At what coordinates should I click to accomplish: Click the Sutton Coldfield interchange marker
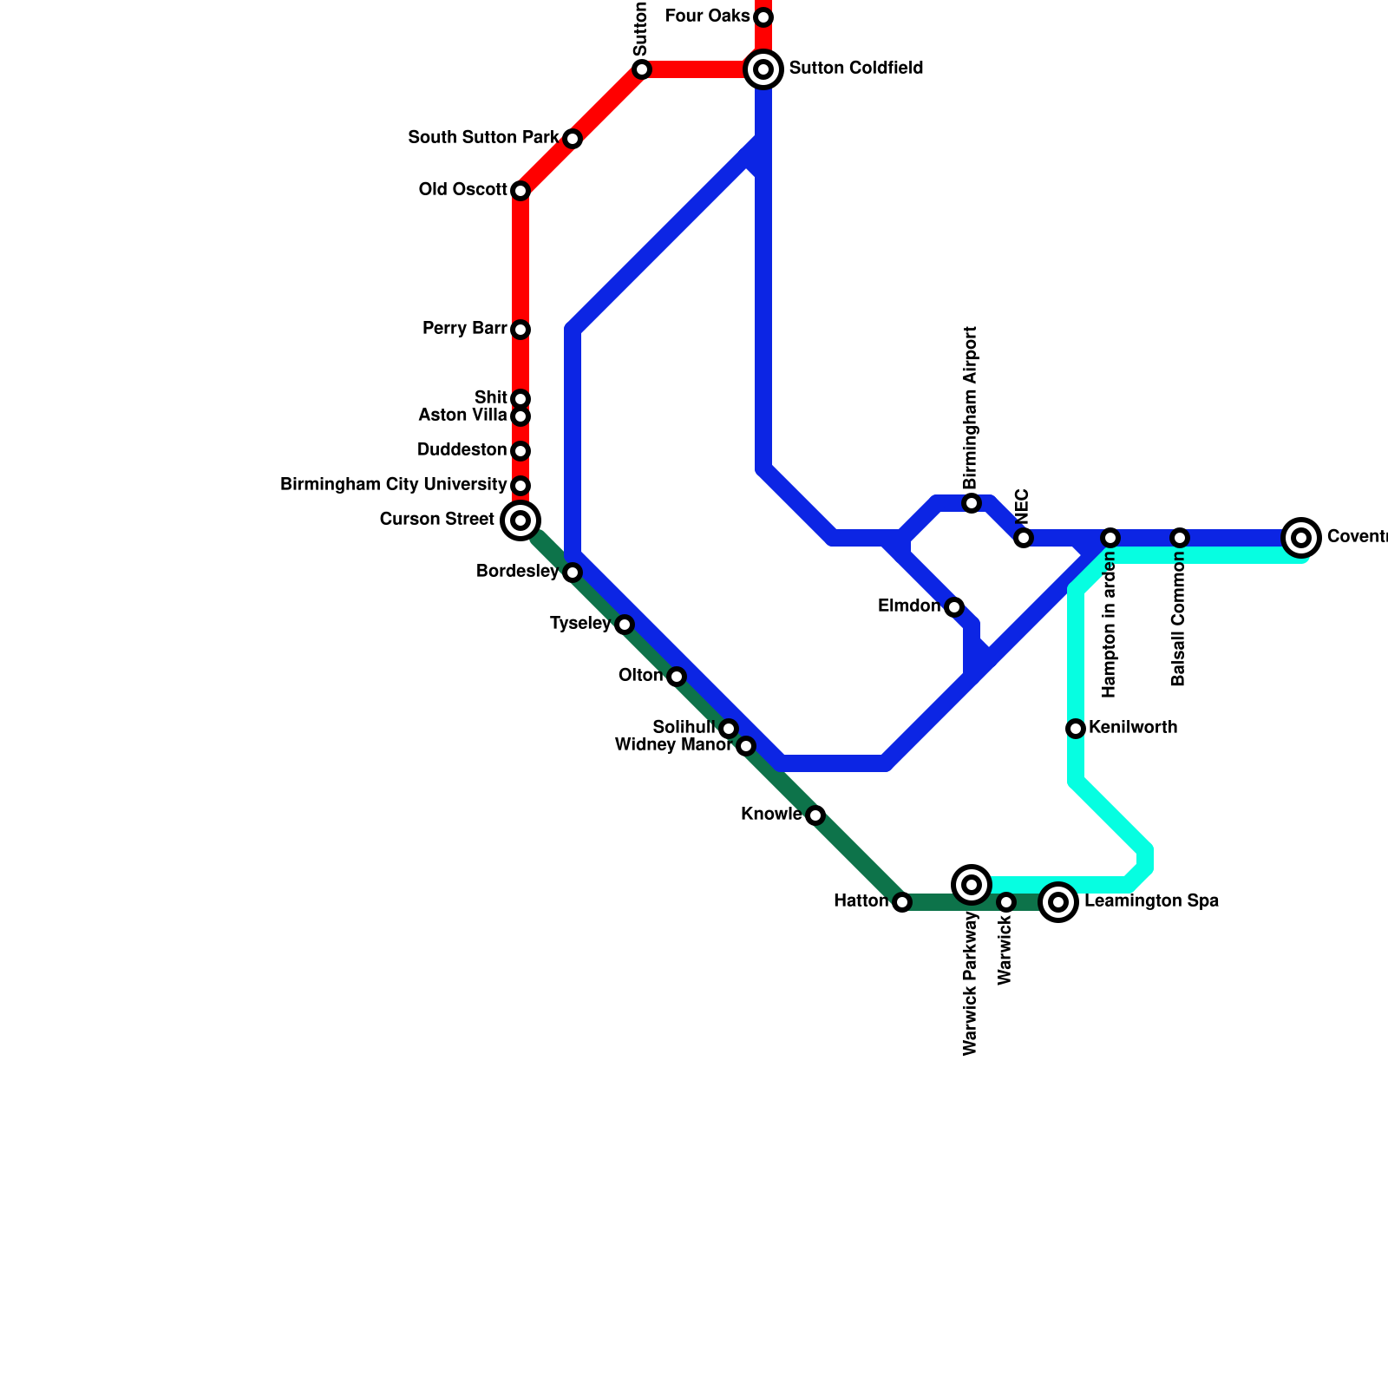pos(763,69)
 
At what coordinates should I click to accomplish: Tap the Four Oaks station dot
pos(763,17)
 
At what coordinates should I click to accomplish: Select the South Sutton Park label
pos(483,138)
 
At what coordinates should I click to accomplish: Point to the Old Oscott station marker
pos(520,191)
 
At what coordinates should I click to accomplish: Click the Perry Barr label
pos(464,329)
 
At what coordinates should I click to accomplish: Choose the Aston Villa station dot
pos(520,416)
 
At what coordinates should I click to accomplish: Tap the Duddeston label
pos(462,450)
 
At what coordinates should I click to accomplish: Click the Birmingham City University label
pos(393,485)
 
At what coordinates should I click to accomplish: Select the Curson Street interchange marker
pos(520,520)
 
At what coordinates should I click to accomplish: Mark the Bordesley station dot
pos(573,573)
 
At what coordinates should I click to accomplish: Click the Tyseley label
pos(580,624)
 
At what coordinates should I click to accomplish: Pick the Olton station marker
pos(677,677)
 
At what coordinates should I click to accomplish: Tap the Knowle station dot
pos(815,815)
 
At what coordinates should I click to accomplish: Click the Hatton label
pos(861,901)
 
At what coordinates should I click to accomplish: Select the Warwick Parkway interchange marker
pos(972,885)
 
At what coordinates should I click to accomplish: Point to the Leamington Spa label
pos(1151,901)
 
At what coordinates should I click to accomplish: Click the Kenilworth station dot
pos(1076,729)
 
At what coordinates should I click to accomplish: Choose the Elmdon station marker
pos(954,607)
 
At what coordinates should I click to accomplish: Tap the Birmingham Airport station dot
pos(972,503)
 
